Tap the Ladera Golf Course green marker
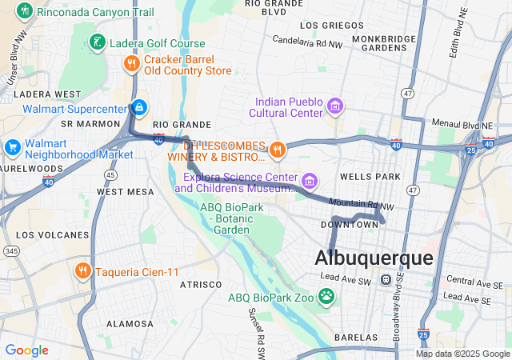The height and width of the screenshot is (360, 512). point(96,42)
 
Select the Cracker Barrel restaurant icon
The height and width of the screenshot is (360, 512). point(130,62)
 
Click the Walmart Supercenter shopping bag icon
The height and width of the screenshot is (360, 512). point(139,106)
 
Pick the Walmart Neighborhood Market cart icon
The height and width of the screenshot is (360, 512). point(12,147)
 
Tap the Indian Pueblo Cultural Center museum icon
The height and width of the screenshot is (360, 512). point(334,106)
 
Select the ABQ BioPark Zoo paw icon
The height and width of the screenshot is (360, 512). point(326,298)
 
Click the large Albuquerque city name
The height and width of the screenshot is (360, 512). point(374,258)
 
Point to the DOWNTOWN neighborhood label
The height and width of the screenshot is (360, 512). point(349,225)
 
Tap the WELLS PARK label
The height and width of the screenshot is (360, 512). point(370,175)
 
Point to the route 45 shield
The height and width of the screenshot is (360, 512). point(110,174)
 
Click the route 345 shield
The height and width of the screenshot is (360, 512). point(12,251)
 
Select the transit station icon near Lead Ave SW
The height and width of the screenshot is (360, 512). point(386,280)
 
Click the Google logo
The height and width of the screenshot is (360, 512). point(26,350)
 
